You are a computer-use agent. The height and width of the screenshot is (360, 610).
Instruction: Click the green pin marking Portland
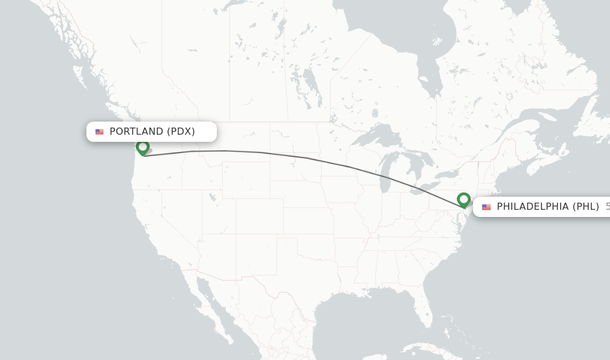tap(142, 147)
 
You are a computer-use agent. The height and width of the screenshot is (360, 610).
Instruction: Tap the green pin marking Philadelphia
tap(464, 199)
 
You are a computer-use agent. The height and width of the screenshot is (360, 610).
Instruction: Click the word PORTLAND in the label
tap(136, 131)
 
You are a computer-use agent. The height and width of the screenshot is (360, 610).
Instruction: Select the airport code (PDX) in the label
tap(180, 131)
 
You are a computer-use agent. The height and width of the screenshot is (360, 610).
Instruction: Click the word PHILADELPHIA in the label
tap(533, 207)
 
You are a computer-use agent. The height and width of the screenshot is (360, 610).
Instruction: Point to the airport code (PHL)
tap(586, 207)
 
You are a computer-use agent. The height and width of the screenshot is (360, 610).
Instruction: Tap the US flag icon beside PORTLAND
tap(99, 132)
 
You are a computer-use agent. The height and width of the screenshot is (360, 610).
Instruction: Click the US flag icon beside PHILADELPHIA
tap(487, 207)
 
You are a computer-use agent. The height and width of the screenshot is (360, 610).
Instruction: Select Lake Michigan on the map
tap(385, 173)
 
